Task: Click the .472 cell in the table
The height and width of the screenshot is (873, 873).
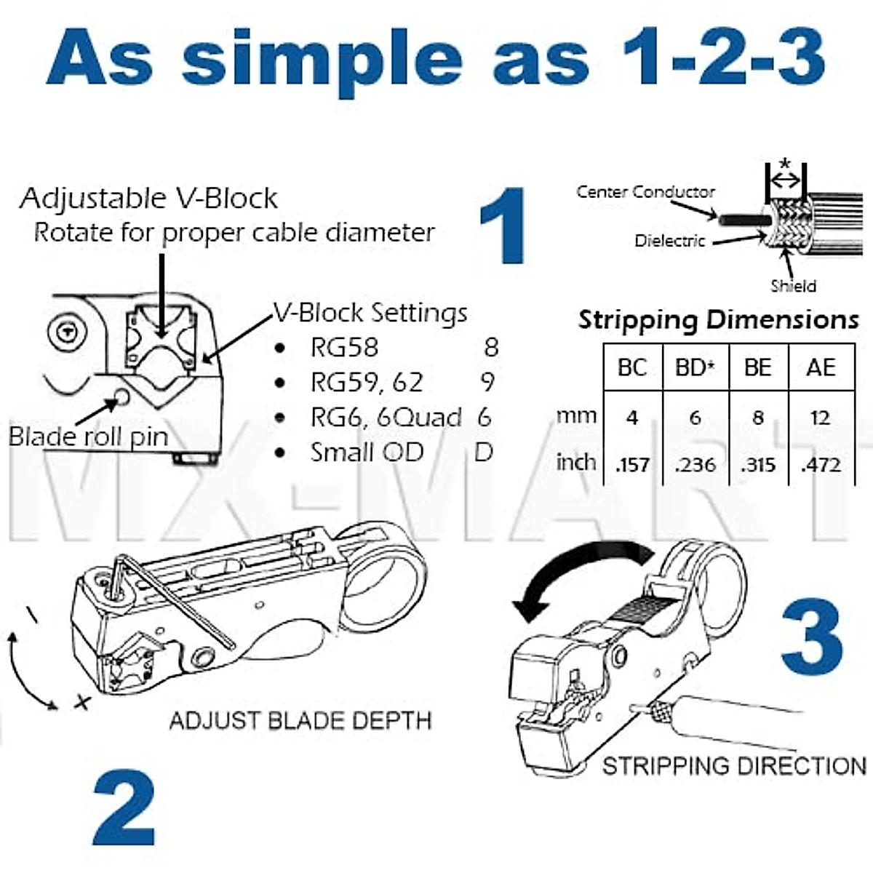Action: click(x=821, y=464)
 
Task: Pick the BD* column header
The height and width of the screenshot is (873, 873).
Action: click(x=695, y=367)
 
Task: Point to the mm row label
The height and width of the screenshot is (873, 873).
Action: click(x=576, y=416)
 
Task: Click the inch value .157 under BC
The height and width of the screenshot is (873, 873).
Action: click(x=632, y=464)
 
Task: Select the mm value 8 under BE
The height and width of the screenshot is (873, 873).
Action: click(x=758, y=418)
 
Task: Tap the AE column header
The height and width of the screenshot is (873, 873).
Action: click(x=821, y=367)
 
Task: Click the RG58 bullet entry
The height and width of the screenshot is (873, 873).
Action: click(x=344, y=348)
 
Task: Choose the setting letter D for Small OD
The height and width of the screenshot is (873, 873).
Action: click(x=484, y=452)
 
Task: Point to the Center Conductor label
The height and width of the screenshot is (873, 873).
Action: click(x=645, y=192)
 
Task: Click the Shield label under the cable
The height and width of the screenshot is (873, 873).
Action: click(x=793, y=286)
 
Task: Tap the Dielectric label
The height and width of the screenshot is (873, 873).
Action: click(x=669, y=241)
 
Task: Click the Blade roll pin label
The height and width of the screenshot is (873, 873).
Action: click(x=88, y=436)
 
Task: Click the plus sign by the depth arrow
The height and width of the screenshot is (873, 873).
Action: click(x=83, y=702)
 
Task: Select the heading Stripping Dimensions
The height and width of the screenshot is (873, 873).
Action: click(x=718, y=320)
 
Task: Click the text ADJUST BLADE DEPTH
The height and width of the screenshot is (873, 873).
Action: click(x=300, y=720)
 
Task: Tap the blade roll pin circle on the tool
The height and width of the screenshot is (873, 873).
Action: click(x=120, y=397)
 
